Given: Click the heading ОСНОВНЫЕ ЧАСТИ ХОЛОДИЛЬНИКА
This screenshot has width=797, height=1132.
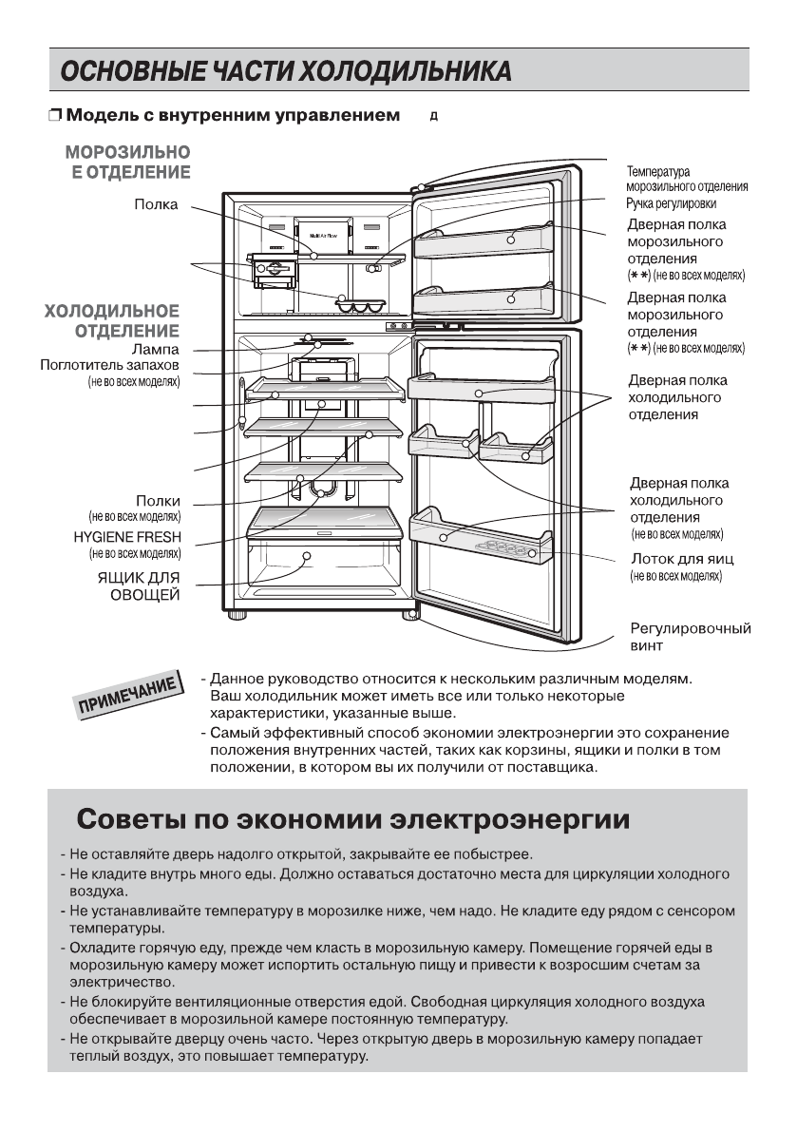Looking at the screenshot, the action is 285,70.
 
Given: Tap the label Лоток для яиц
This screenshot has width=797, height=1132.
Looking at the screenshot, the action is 680,559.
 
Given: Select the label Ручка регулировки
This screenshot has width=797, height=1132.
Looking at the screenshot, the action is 671,203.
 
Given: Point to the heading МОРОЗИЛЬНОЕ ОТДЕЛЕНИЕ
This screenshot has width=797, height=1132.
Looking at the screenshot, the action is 128,162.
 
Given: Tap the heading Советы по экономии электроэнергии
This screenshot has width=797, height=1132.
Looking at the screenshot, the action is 353,818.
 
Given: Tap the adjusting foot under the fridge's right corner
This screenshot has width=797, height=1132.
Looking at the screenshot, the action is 410,615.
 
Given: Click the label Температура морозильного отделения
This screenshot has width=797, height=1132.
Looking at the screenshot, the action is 687,179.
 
